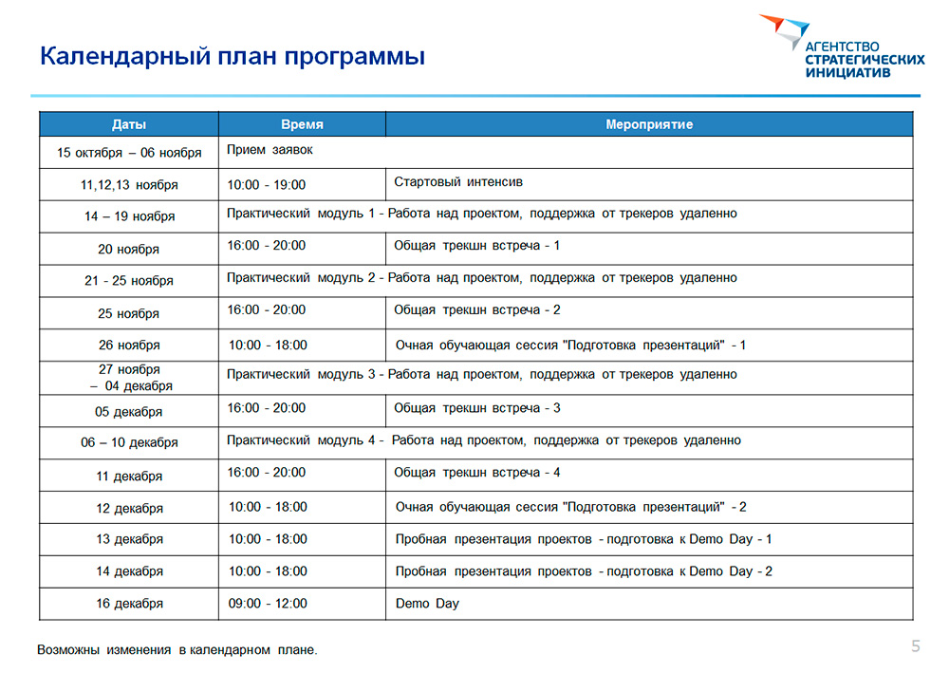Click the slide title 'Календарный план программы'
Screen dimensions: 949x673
pos(233,56)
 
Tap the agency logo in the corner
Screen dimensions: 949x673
pos(842,47)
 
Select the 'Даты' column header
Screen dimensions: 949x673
pos(129,124)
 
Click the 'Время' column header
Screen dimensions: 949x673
pos(302,124)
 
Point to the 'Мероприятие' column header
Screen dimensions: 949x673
pos(649,124)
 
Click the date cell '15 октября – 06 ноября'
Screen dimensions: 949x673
pos(129,153)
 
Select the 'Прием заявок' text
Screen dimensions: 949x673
pos(270,150)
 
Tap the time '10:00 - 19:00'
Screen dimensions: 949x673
pos(267,184)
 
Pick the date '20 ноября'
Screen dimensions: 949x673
pos(129,250)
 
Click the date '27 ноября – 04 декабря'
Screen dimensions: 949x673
pos(129,378)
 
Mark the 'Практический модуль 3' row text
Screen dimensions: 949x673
pos(482,375)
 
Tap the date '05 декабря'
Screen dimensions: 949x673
pos(129,412)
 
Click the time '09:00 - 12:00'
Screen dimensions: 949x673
pos(268,604)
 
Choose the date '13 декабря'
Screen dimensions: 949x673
pos(129,539)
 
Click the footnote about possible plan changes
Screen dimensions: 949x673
pos(177,650)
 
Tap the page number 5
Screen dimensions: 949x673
pos(916,646)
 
